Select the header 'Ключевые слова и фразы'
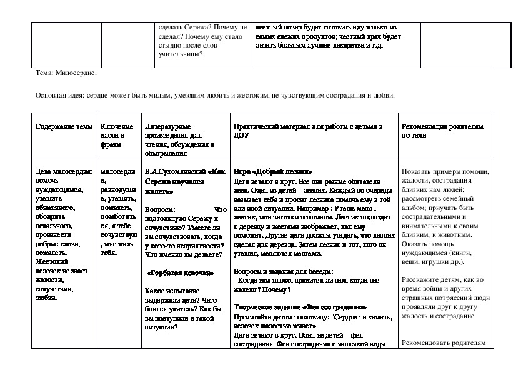[114, 135]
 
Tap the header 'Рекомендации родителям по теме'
[442, 130]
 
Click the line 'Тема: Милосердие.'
[67, 73]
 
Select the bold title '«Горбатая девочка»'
[181, 273]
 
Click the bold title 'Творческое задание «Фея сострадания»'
[299, 308]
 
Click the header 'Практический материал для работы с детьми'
[307, 126]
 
